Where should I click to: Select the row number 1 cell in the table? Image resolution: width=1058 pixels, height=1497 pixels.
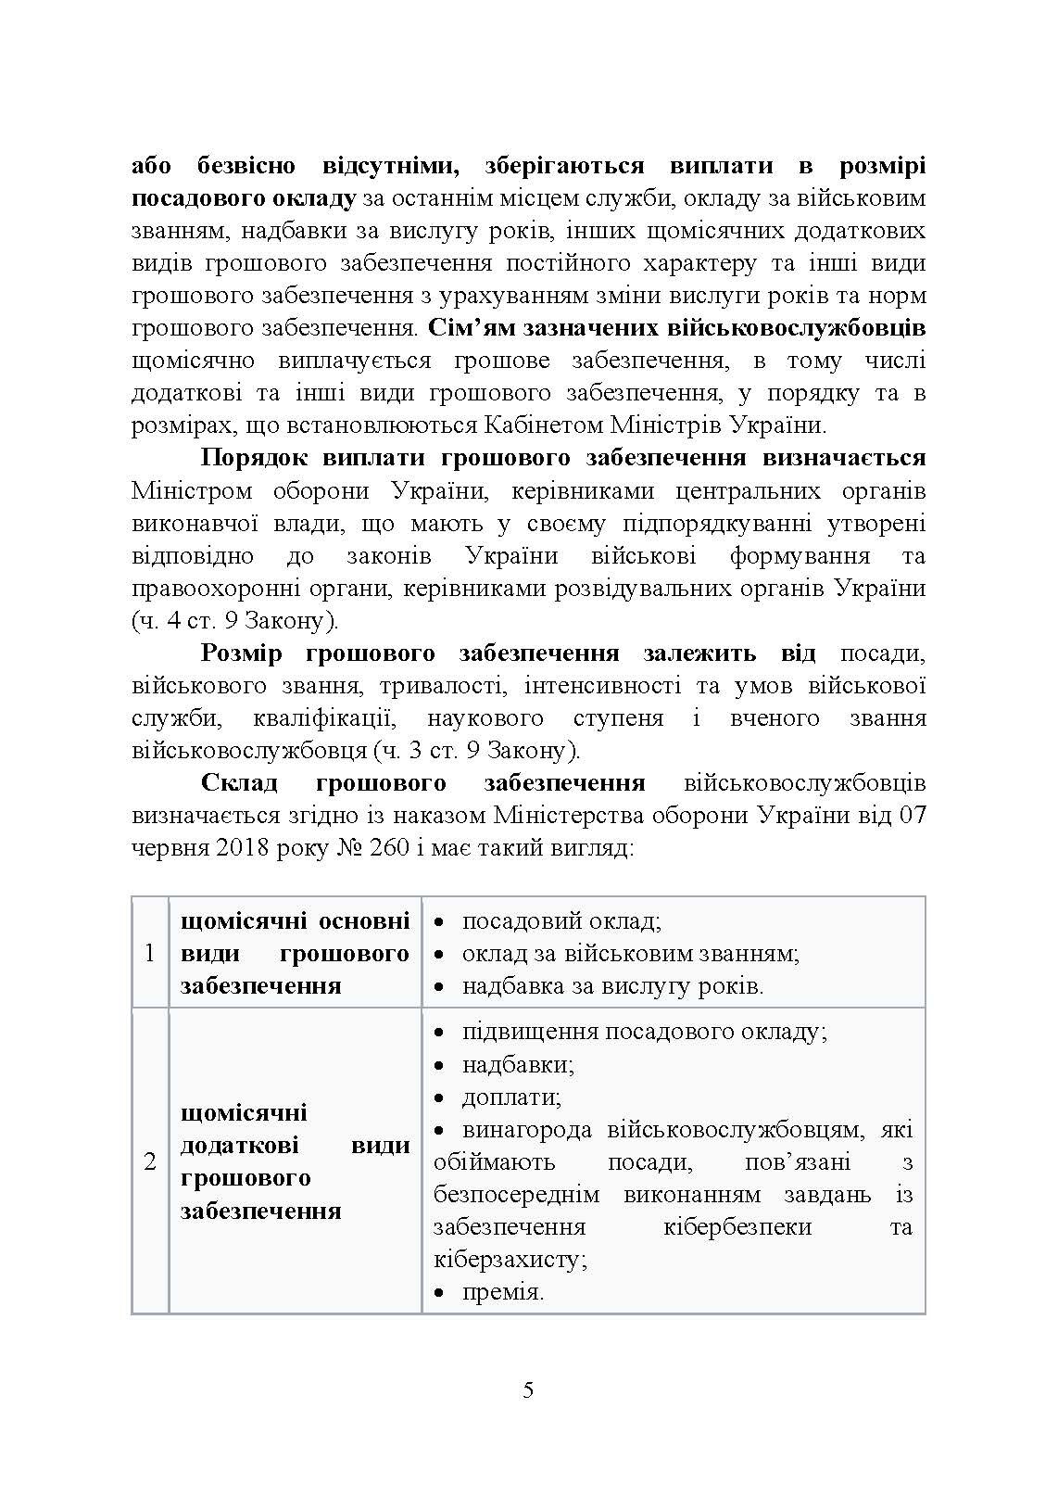tap(150, 953)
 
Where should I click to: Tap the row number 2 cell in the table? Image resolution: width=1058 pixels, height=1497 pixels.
tap(150, 1161)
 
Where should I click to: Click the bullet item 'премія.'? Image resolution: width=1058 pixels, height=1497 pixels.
tap(501, 1291)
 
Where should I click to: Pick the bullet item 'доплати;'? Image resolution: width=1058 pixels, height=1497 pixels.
tap(511, 1097)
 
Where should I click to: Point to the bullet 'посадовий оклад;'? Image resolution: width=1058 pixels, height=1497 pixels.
tap(560, 921)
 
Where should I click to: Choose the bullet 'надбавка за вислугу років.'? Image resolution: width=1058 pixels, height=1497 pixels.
tap(612, 986)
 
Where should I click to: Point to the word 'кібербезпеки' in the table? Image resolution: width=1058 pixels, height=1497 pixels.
tap(737, 1226)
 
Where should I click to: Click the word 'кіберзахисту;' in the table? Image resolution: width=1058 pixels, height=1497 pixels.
tap(510, 1260)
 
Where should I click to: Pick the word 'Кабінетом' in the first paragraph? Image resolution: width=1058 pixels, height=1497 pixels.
tap(542, 425)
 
